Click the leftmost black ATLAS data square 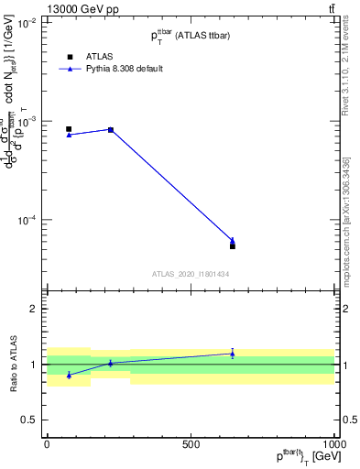click(x=69, y=129)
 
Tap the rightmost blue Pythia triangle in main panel click(x=233, y=241)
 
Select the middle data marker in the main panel click(x=111, y=130)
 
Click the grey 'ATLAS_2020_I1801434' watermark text click(x=191, y=274)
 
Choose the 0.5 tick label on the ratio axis click(x=30, y=420)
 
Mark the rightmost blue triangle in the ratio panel click(x=233, y=354)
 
